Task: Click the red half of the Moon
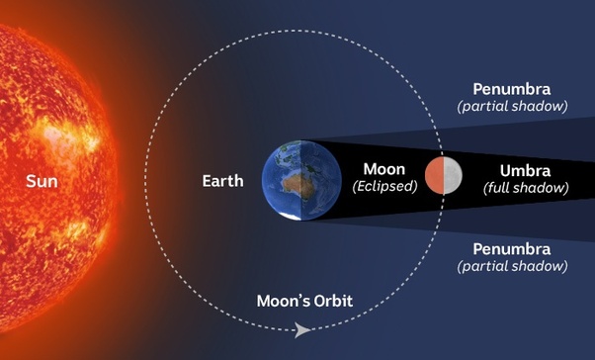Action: click(435, 175)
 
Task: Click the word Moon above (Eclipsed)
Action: click(383, 168)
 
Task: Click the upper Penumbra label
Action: click(512, 88)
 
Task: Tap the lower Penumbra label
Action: click(512, 248)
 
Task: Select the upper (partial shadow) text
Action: click(512, 106)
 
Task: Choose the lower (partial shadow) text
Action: click(512, 266)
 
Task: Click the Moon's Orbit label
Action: click(304, 300)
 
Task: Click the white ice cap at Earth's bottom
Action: click(290, 216)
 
